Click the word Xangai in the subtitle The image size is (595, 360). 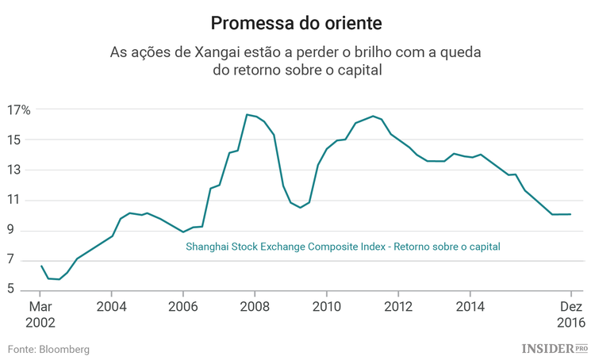(x=214, y=53)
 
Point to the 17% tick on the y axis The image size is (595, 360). (x=19, y=109)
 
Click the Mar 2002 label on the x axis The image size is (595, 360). (x=40, y=314)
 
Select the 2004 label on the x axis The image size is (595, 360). (x=111, y=307)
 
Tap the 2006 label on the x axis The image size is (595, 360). (x=183, y=307)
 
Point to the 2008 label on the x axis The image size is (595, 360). (x=255, y=307)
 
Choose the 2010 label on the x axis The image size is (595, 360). (x=326, y=307)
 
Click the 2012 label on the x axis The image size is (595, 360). (x=398, y=307)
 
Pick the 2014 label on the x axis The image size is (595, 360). (x=470, y=307)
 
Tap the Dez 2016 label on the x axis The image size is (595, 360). (x=570, y=314)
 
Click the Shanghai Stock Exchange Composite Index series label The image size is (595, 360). (x=343, y=247)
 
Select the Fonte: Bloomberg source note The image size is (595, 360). (x=48, y=349)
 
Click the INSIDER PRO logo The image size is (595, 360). (x=555, y=348)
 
